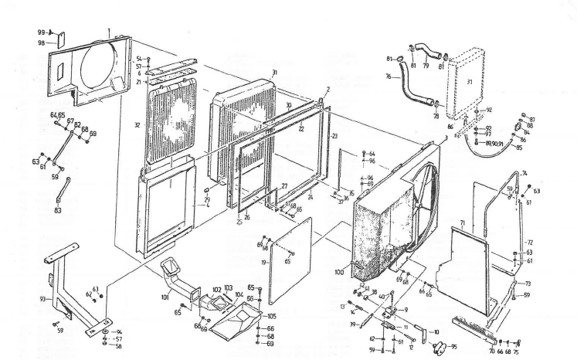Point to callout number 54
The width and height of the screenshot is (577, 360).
point(138,59)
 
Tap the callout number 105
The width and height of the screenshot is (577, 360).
point(271,317)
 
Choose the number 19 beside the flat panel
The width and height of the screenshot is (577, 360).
point(265,263)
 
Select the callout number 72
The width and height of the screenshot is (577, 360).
point(530,242)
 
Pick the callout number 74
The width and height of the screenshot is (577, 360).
point(524,173)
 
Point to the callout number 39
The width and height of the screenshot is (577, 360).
point(354,324)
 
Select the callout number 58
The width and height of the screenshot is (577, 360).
point(117,346)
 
